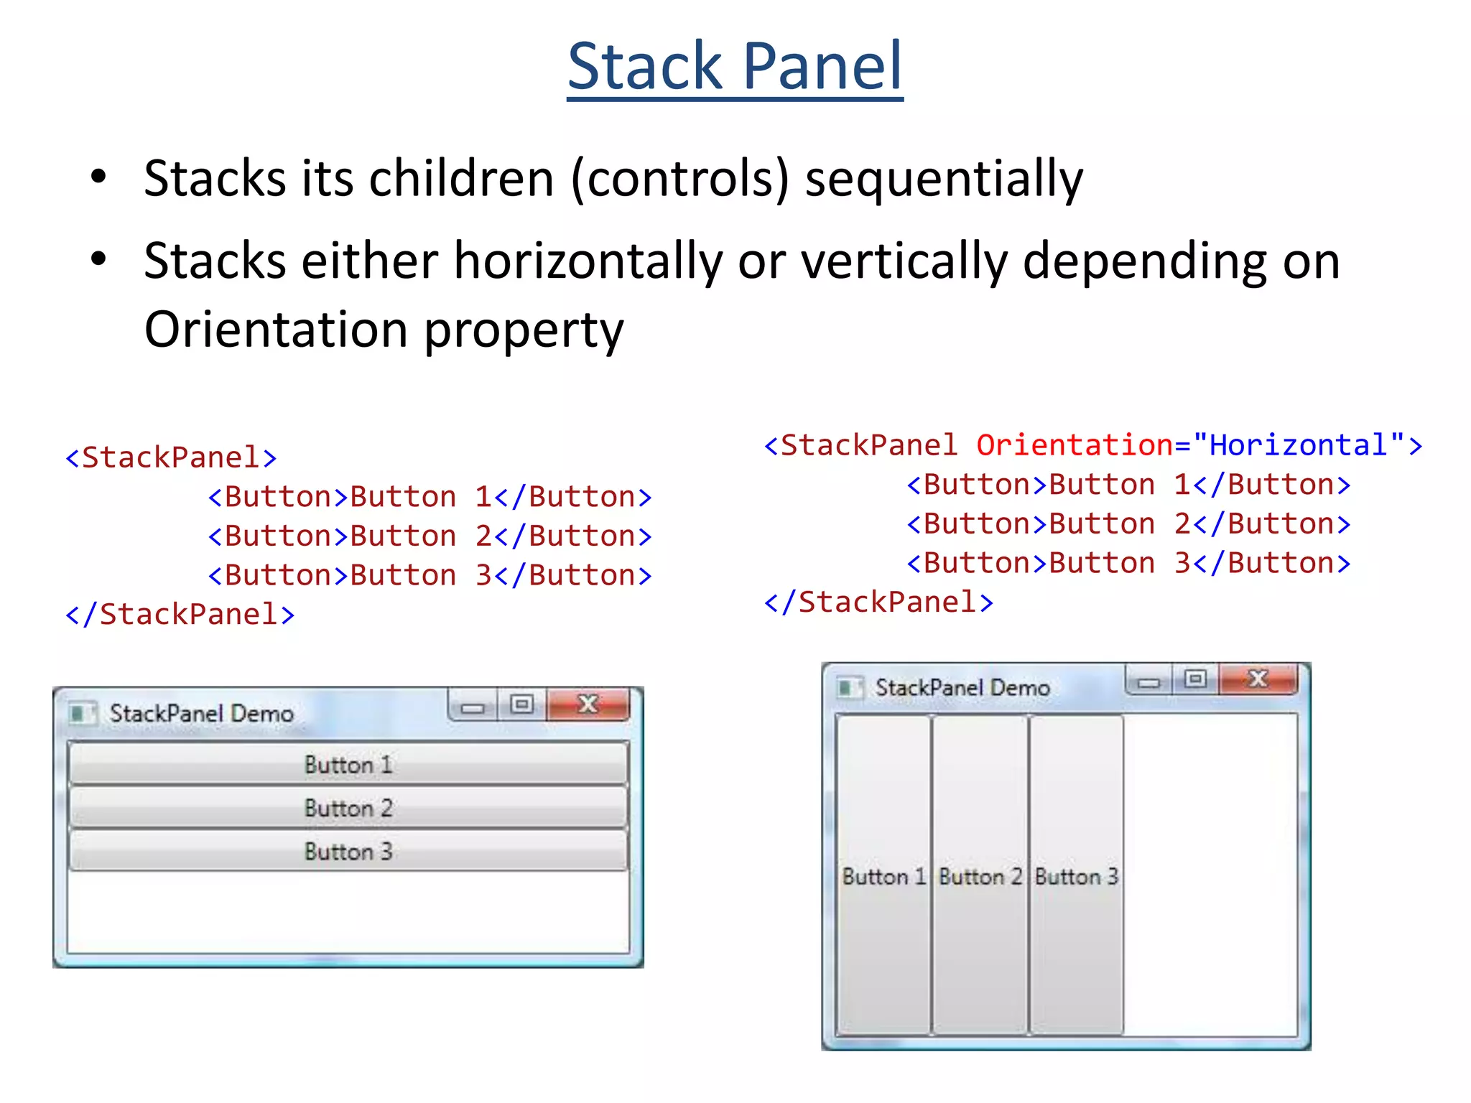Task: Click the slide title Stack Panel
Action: [x=735, y=66]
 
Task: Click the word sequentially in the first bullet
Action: [x=943, y=179]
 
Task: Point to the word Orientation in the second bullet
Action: [x=277, y=330]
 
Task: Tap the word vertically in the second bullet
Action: [x=904, y=261]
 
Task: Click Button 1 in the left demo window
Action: [x=348, y=764]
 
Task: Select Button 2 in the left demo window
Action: [x=348, y=808]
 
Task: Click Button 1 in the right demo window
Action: [x=883, y=876]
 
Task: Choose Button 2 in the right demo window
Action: [x=980, y=876]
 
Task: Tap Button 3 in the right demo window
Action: [x=1076, y=876]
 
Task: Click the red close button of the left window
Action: [x=588, y=705]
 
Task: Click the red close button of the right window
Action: [x=1258, y=679]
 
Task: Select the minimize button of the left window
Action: [x=472, y=707]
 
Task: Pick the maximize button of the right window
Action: [x=1195, y=679]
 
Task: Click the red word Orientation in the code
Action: [x=1074, y=445]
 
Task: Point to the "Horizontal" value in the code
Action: [x=1298, y=445]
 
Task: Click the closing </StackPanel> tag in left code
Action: [x=180, y=615]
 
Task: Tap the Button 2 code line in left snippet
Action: [x=430, y=536]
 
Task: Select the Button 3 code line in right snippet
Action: [x=1128, y=563]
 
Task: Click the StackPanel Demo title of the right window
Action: [x=962, y=688]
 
